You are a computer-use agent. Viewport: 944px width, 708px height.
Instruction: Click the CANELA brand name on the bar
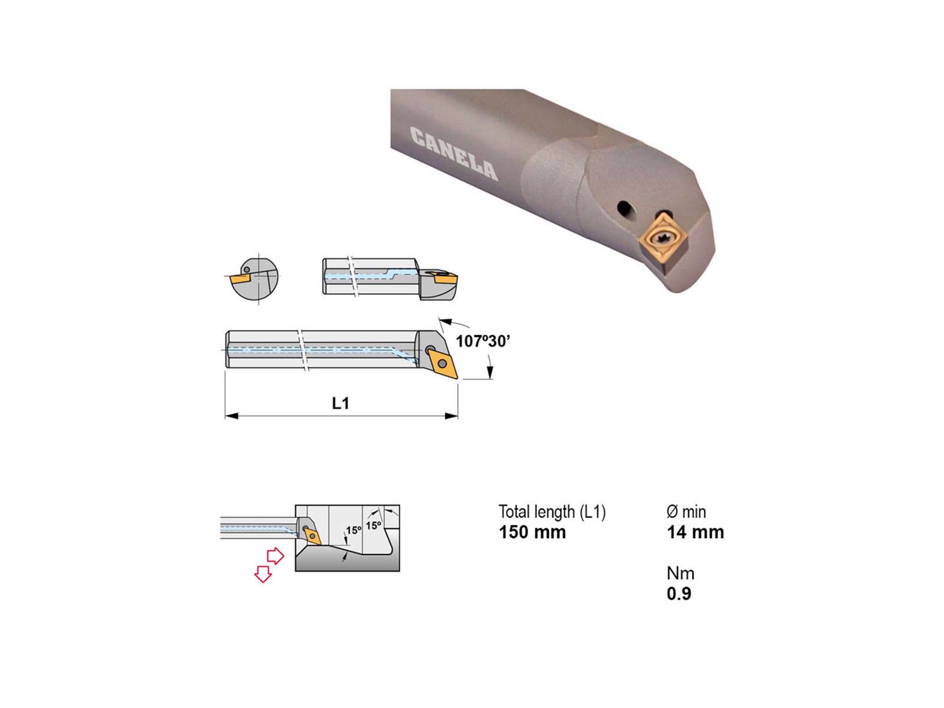click(x=454, y=153)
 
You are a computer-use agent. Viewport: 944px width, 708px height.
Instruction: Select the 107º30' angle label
click(x=483, y=342)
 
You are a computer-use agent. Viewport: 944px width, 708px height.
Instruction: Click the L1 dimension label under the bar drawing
click(x=340, y=403)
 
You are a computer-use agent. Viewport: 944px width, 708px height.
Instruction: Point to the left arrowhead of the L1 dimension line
click(x=231, y=416)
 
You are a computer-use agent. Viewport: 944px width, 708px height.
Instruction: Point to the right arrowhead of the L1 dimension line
click(x=451, y=416)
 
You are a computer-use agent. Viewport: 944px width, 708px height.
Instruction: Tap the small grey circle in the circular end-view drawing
click(x=247, y=270)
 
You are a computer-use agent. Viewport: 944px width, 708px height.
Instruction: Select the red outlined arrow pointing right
click(x=276, y=556)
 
